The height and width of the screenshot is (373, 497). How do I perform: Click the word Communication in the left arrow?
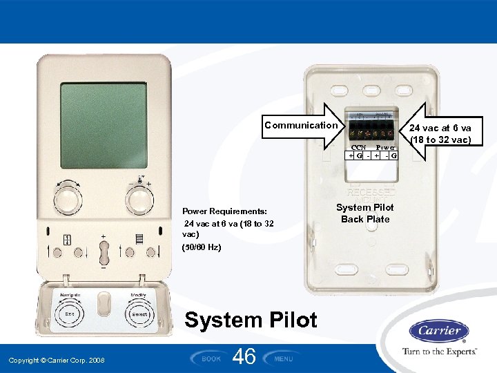[301, 125]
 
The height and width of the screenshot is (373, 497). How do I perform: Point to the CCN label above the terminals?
[358, 147]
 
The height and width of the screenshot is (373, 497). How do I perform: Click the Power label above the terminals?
[385, 147]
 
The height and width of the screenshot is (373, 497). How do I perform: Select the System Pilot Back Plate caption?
[365, 213]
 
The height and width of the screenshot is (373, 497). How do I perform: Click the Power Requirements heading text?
[224, 211]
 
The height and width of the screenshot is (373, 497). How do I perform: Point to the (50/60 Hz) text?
[202, 247]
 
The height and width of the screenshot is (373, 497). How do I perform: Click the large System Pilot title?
[251, 320]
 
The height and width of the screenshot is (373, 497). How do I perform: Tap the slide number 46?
[245, 356]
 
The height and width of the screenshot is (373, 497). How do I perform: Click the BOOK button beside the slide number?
[211, 358]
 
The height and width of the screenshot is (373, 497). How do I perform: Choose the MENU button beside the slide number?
[284, 358]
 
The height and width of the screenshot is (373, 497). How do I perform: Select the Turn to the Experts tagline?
[440, 352]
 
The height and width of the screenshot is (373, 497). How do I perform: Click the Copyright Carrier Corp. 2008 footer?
[57, 361]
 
